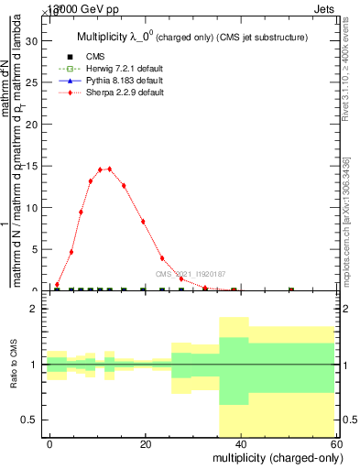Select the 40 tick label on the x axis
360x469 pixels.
pyautogui.click(x=240, y=442)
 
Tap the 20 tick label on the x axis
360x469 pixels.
pyautogui.click(x=145, y=442)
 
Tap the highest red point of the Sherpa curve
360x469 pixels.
pyautogui.click(x=110, y=169)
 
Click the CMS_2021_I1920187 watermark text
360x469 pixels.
pyautogui.click(x=190, y=273)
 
